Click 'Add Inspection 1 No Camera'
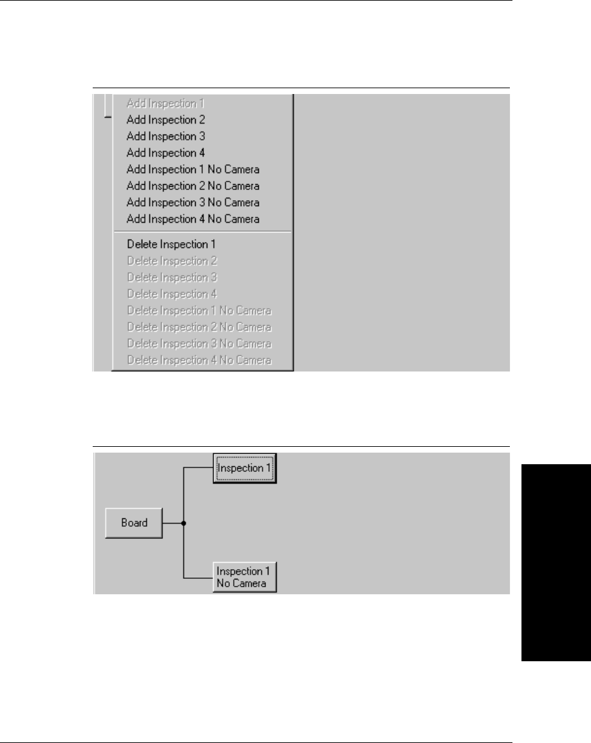193,169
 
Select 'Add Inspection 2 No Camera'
193,186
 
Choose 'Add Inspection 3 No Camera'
193,203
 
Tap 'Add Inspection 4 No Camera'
193,220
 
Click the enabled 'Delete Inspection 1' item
171,245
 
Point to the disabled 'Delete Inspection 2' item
172,261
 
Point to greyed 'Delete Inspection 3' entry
172,277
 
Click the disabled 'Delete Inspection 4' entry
172,294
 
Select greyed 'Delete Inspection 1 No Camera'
199,310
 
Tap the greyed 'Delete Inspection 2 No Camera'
199,327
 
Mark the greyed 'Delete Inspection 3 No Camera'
199,344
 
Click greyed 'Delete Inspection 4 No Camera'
199,360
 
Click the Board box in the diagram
134,523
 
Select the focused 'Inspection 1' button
245,468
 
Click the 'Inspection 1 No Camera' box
245,578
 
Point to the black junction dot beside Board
184,523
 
